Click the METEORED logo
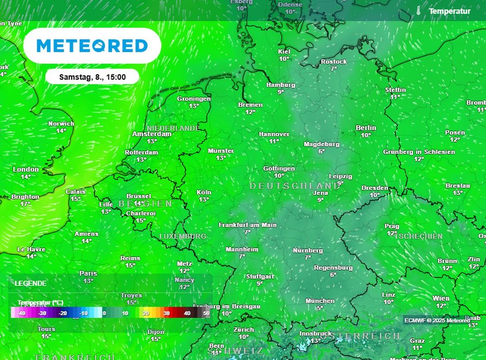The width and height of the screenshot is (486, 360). point(92,46)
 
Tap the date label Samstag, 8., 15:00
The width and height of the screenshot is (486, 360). point(92,76)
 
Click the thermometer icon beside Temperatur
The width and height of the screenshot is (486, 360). point(418,11)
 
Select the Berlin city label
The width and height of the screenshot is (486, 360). point(365,128)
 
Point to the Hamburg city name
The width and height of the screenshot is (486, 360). point(280,85)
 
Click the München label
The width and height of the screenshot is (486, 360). point(320,301)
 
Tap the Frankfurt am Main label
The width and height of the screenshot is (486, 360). point(247,225)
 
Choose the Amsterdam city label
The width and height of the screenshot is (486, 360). point(151,134)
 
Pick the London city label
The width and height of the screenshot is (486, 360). point(26,170)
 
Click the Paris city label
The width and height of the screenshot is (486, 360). point(88,274)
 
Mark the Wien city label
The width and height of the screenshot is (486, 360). point(441,298)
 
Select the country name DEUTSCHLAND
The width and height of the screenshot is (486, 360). point(295,186)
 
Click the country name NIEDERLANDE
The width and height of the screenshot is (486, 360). point(173,128)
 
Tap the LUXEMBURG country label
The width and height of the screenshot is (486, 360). point(182,236)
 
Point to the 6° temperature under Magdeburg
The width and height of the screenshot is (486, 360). point(321,151)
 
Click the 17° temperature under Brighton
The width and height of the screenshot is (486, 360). point(25,204)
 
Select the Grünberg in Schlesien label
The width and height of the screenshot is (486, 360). point(419,152)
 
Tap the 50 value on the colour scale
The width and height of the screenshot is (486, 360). point(206,313)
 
